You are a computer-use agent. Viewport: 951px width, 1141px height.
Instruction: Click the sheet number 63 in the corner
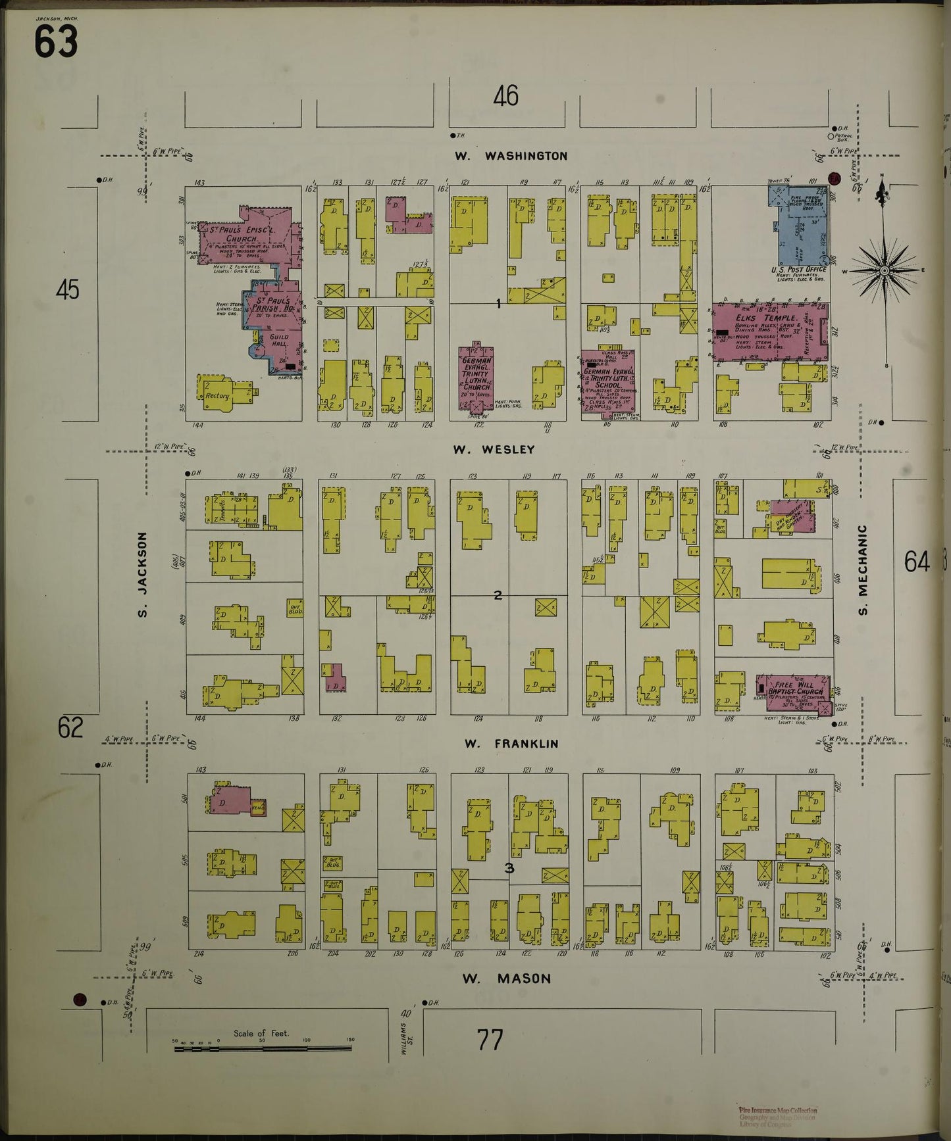pos(56,42)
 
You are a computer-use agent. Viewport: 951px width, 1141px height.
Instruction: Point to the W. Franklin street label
pos(511,744)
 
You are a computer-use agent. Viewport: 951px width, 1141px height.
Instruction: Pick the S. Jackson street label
pos(142,575)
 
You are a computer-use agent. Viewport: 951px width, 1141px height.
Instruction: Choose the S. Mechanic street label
pos(863,570)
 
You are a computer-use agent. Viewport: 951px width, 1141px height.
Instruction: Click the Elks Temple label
pos(771,318)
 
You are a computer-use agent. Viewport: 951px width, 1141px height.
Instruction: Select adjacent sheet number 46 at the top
pos(505,96)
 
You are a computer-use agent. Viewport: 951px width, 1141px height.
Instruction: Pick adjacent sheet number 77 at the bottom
pos(490,1040)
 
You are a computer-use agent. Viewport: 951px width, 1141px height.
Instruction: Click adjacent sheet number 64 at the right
pos(916,562)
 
